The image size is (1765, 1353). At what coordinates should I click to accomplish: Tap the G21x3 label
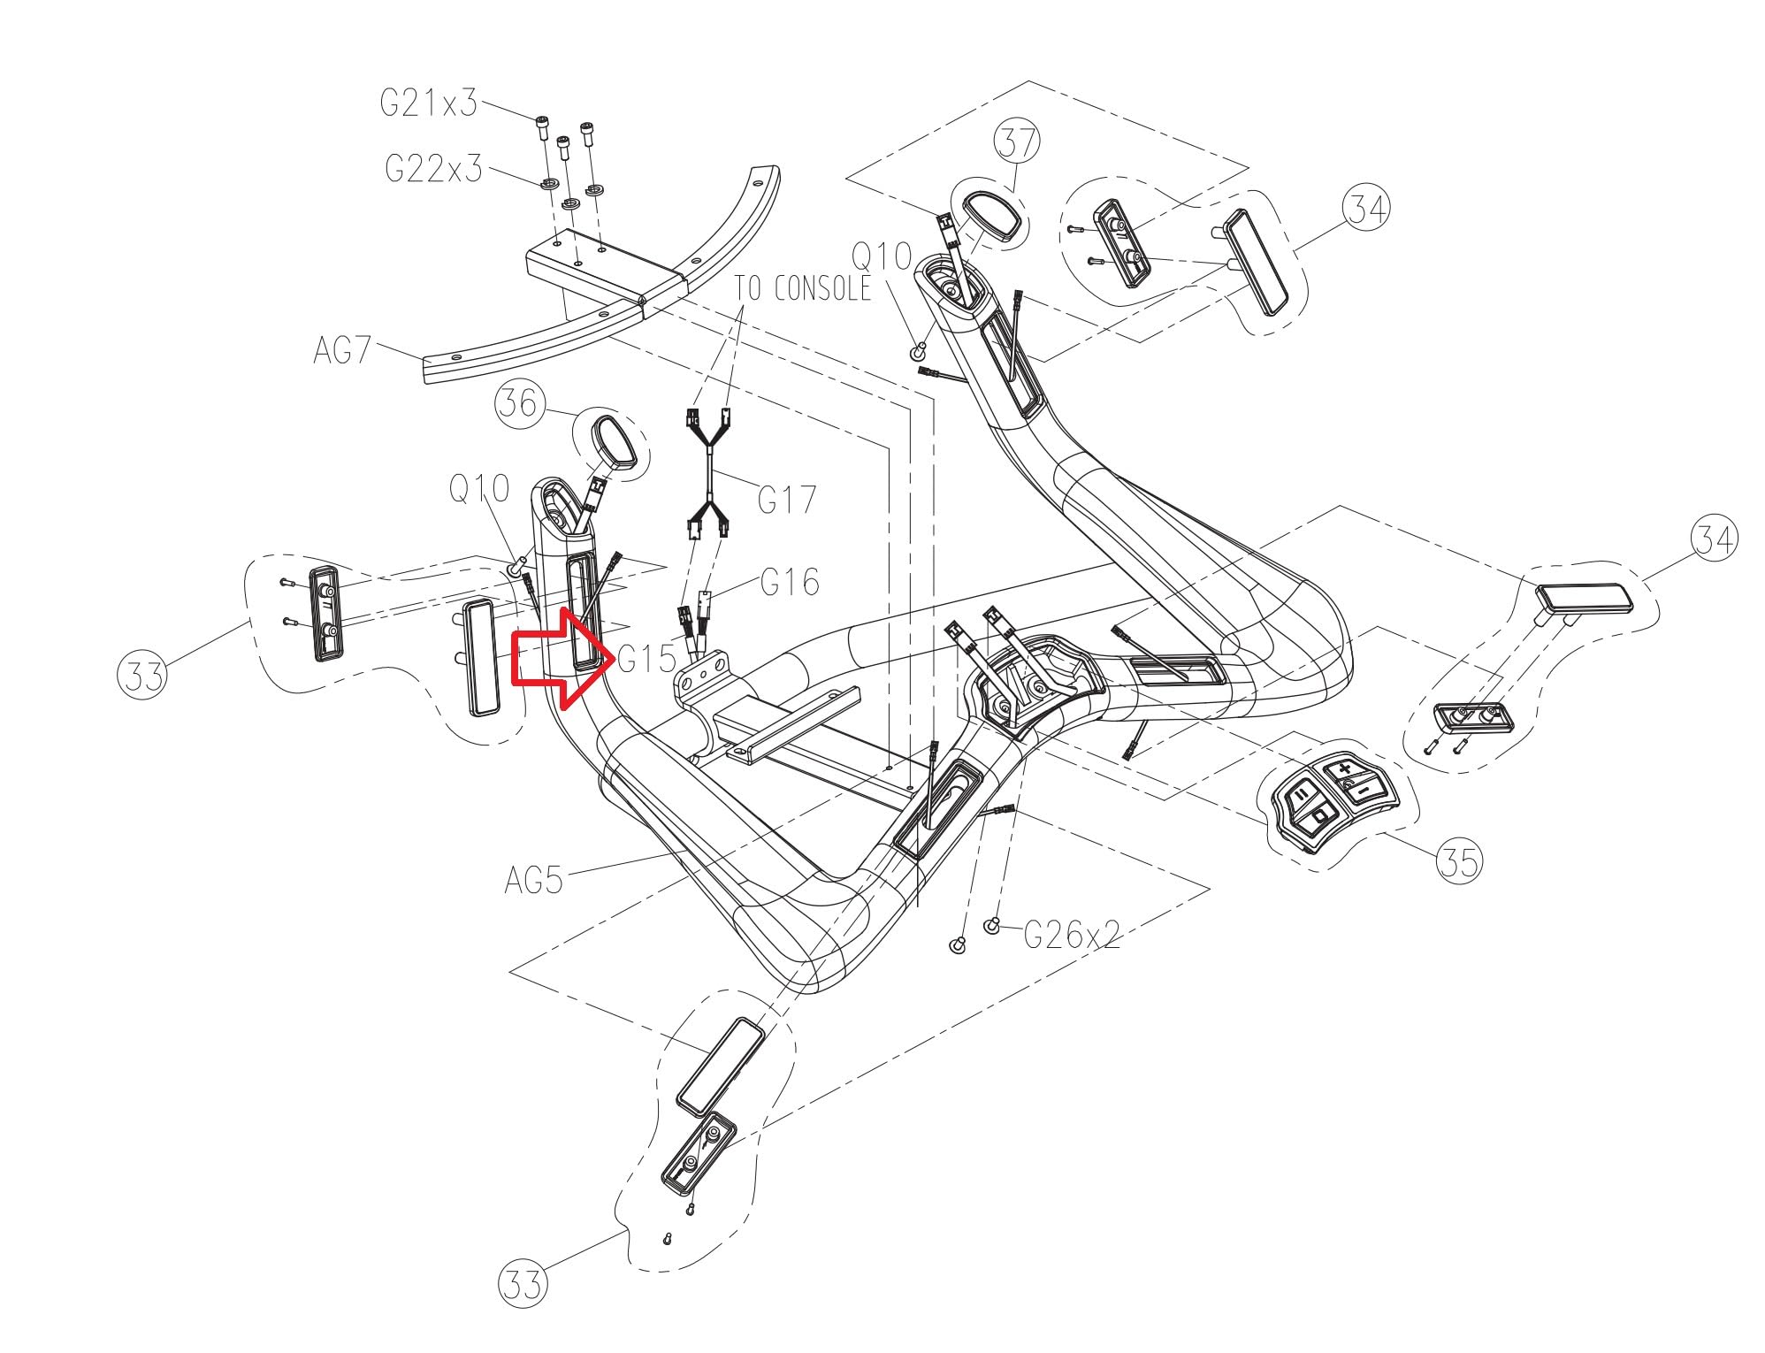[429, 103]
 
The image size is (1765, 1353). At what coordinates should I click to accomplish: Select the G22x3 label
[434, 167]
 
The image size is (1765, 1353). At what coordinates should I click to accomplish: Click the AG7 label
[342, 350]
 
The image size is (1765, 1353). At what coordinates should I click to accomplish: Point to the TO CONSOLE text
[802, 287]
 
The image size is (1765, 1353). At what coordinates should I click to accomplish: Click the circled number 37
[1016, 141]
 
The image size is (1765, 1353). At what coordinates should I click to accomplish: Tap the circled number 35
[1459, 860]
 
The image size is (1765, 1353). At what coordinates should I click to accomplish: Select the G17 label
[787, 500]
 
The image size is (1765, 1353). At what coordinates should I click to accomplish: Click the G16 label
[790, 581]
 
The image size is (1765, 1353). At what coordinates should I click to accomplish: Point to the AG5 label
[533, 881]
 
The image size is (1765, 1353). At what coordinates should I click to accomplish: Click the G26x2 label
[1073, 934]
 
